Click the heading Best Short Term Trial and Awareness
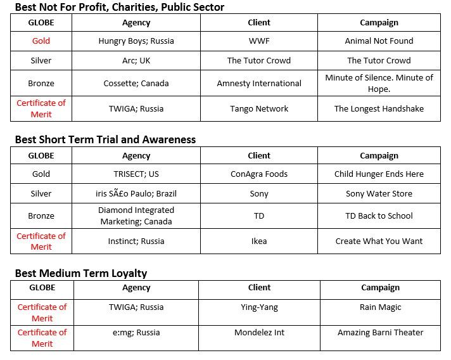point(105,139)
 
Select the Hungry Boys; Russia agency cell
point(136,41)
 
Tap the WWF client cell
point(259,41)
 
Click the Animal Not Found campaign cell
point(379,41)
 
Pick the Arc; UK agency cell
point(136,61)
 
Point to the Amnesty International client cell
point(259,83)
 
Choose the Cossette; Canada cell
point(136,83)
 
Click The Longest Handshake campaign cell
point(379,108)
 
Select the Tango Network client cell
point(259,108)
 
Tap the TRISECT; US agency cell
point(136,174)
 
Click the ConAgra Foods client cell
point(259,174)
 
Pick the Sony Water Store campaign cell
point(379,193)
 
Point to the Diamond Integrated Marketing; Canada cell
point(136,215)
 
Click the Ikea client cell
point(259,241)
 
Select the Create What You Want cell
point(379,241)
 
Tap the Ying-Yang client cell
point(259,307)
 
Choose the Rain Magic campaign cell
point(380,307)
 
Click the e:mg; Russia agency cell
point(136,332)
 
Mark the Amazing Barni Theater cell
point(380,332)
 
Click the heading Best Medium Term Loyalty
point(81,273)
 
